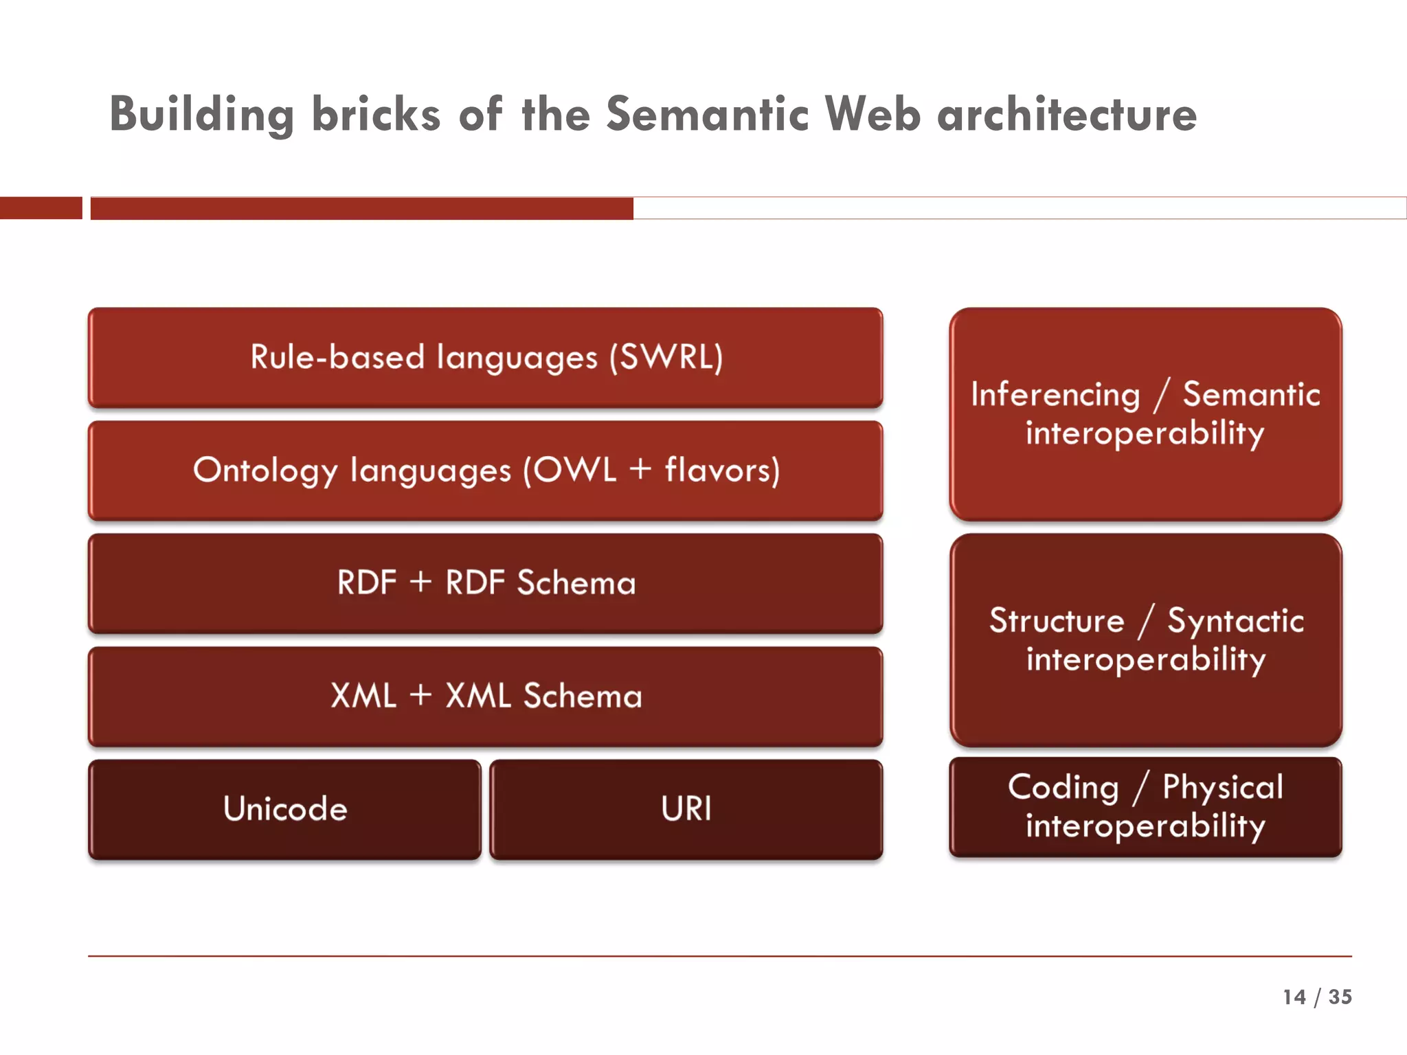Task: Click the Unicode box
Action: click(284, 809)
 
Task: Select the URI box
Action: click(686, 809)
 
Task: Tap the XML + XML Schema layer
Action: click(485, 696)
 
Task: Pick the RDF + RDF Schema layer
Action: click(485, 583)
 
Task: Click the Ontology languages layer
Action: click(485, 470)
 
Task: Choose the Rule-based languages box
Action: click(485, 357)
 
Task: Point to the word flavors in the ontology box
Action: click(721, 470)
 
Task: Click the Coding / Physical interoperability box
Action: click(1145, 807)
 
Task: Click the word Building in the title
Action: click(201, 114)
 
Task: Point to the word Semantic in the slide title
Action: click(707, 114)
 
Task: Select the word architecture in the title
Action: click(1067, 114)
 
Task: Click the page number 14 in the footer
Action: click(1294, 997)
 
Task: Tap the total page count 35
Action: click(1340, 997)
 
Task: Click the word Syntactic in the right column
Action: click(1235, 621)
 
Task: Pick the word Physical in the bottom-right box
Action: click(1222, 787)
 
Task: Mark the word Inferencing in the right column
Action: click(1055, 395)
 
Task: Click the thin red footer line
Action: click(719, 955)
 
